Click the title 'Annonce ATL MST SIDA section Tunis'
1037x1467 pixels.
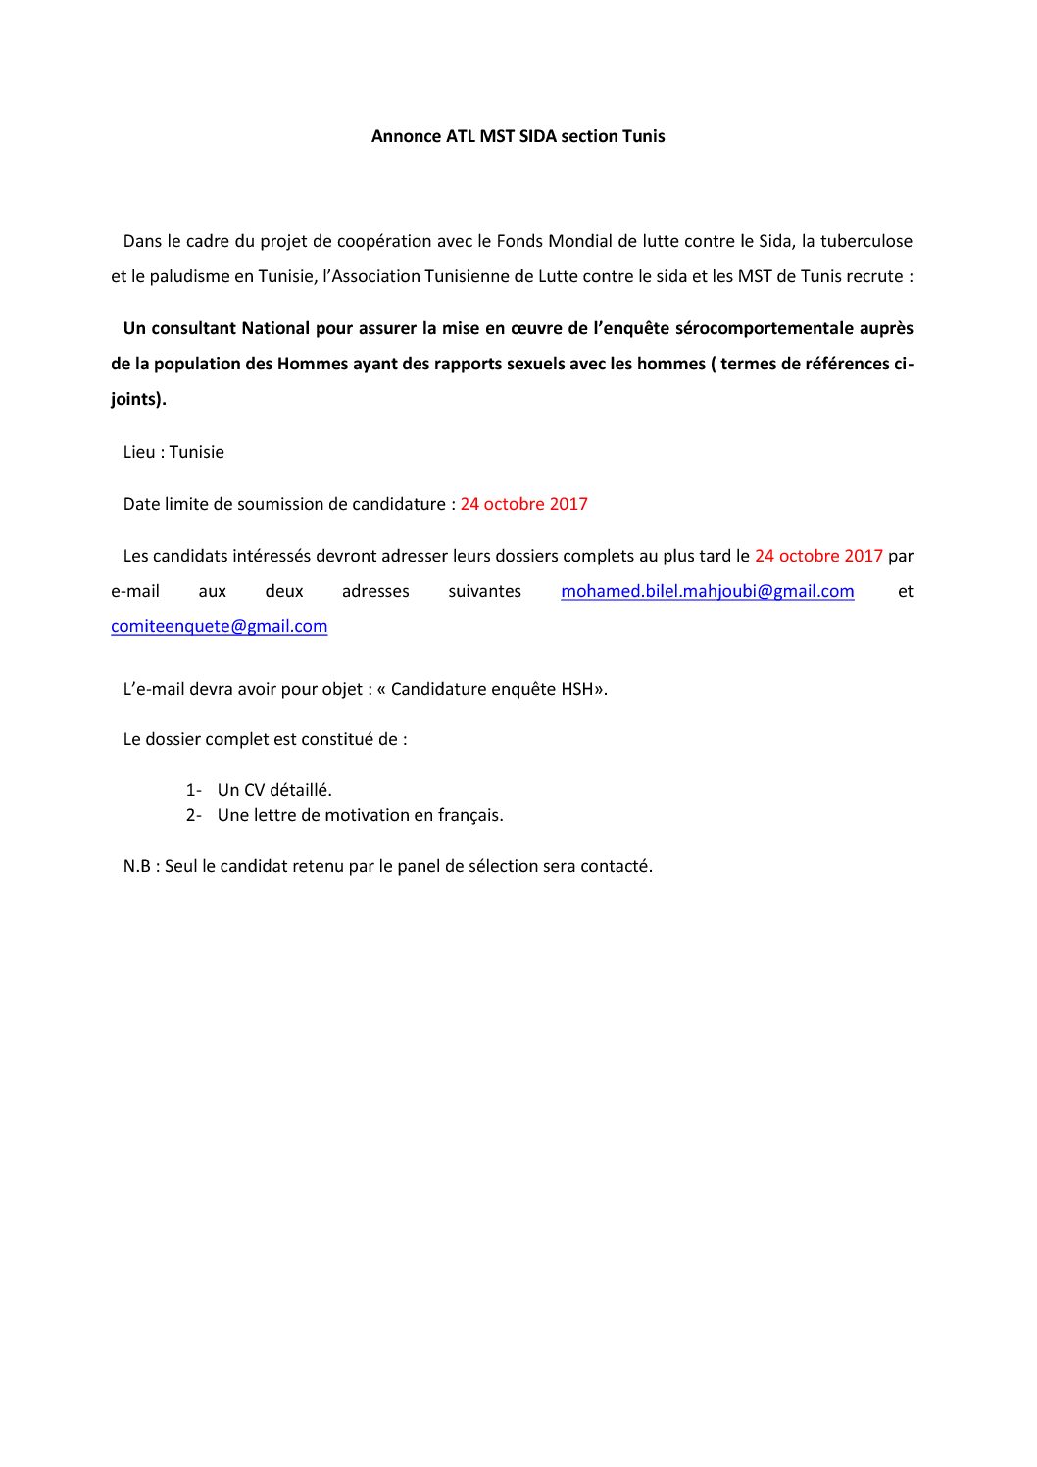[518, 136]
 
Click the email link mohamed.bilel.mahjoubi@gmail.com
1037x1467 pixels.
[707, 591]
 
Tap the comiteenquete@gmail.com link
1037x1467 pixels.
[219, 626]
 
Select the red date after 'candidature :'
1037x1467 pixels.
[523, 504]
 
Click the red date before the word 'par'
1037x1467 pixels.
[818, 556]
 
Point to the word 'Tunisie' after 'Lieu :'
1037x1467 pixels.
[196, 452]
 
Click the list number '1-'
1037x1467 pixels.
[193, 790]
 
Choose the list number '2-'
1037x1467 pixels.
[193, 815]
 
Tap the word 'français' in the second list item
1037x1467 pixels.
[470, 815]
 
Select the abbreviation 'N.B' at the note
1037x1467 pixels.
[136, 866]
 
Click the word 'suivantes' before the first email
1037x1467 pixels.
[484, 591]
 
